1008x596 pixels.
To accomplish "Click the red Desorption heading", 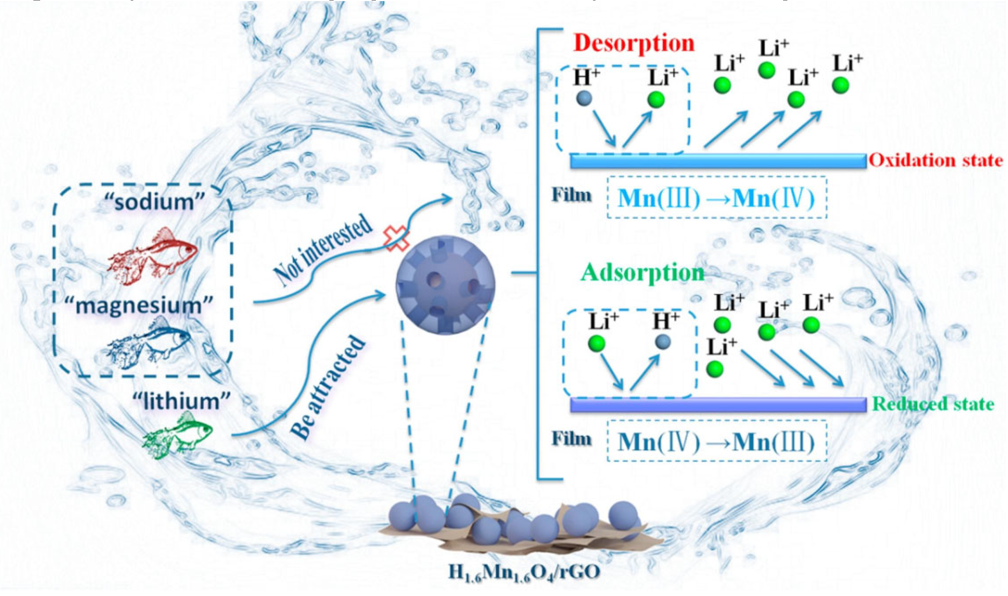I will [634, 44].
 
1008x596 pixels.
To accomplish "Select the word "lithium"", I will [181, 402].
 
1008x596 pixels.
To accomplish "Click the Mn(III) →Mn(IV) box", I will [717, 198].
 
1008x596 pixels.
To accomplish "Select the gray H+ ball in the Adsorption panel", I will [663, 342].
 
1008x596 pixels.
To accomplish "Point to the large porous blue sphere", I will [445, 285].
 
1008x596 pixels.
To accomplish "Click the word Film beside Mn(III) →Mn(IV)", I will [572, 195].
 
